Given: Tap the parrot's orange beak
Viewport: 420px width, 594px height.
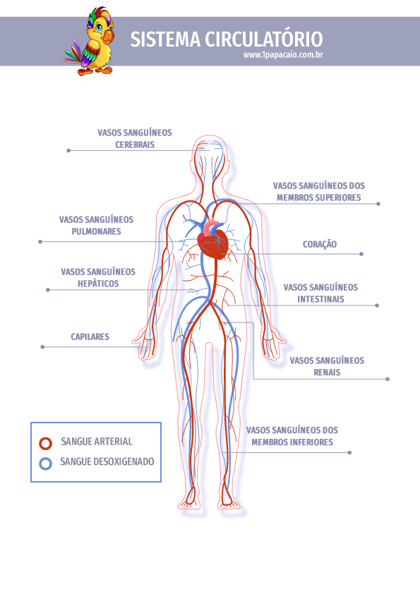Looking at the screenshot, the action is pyautogui.click(x=108, y=37).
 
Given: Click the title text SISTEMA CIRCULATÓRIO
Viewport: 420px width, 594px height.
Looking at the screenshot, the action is pyautogui.click(x=227, y=39).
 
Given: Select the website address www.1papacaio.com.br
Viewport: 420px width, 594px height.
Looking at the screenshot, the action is pyautogui.click(x=283, y=55).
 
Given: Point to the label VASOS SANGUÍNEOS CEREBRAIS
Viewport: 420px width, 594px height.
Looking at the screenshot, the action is pyautogui.click(x=135, y=139).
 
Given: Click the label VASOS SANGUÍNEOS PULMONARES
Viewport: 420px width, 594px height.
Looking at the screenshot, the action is pyautogui.click(x=96, y=226).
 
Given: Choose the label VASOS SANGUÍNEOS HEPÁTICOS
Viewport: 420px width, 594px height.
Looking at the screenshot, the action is pyautogui.click(x=98, y=278).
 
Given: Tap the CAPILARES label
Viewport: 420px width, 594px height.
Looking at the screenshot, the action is pyautogui.click(x=90, y=337).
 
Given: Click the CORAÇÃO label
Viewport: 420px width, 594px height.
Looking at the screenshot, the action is pyautogui.click(x=320, y=244).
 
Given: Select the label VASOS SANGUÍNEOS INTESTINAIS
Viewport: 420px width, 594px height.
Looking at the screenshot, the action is pyautogui.click(x=320, y=293).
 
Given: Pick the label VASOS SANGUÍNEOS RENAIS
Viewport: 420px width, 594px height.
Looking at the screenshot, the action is pyautogui.click(x=327, y=366).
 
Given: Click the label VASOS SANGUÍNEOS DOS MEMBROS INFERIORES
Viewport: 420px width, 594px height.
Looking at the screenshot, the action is pyautogui.click(x=292, y=436).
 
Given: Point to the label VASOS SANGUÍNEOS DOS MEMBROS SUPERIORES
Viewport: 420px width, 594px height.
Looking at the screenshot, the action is pyautogui.click(x=319, y=192).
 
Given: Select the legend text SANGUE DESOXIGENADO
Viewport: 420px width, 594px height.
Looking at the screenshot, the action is pyautogui.click(x=107, y=462).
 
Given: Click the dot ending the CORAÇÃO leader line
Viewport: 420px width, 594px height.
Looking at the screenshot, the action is pyautogui.click(x=361, y=254).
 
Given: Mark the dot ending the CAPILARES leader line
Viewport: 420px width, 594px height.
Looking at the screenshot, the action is pyautogui.click(x=42, y=347).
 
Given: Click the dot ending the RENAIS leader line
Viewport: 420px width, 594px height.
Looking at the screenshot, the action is pyautogui.click(x=388, y=379).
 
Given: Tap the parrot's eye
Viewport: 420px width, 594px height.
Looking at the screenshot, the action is pyautogui.click(x=99, y=28).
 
